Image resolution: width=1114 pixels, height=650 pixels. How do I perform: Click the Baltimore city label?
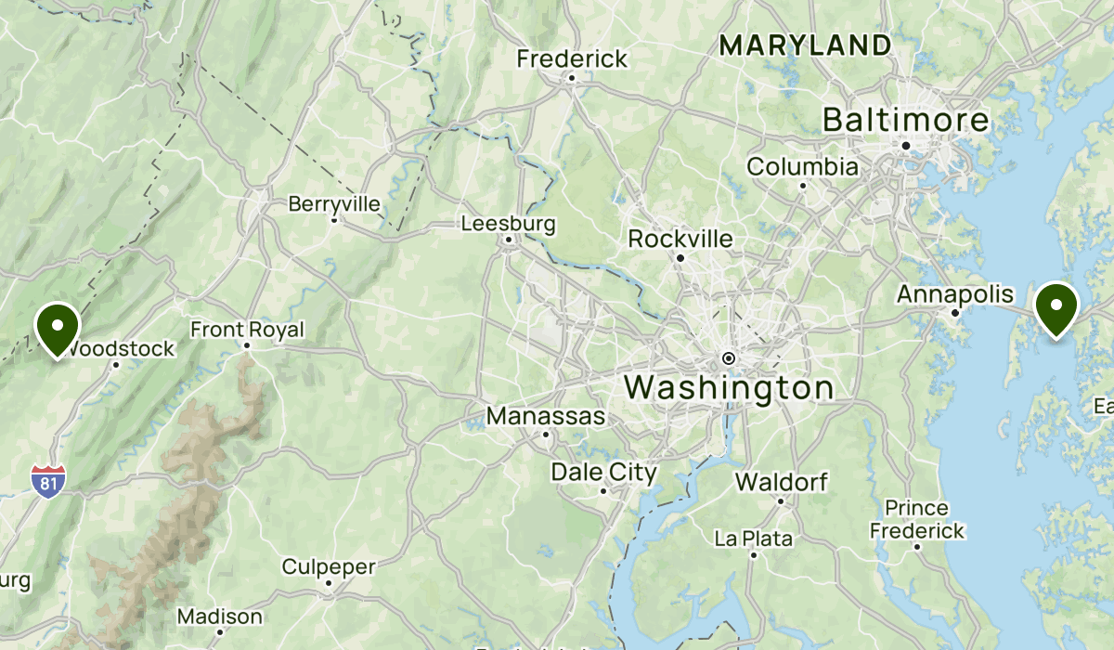[906, 120]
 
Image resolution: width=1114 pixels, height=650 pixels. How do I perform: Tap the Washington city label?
[729, 387]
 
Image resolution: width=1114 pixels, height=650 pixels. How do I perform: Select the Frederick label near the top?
[572, 58]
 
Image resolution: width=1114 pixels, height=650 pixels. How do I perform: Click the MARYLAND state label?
[806, 45]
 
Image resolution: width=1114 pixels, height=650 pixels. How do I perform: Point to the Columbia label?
[802, 167]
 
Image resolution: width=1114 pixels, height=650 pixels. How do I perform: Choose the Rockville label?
[680, 239]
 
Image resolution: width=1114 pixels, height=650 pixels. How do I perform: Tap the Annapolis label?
[955, 294]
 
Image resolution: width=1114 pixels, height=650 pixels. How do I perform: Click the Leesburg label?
[508, 224]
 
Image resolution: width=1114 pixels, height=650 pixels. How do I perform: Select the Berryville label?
[334, 202]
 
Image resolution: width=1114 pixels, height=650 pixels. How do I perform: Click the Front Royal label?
[247, 330]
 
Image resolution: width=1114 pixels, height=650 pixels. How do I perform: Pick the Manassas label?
[546, 416]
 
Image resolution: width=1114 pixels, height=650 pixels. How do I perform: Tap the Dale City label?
[603, 472]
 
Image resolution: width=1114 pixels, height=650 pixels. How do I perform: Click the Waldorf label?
[781, 482]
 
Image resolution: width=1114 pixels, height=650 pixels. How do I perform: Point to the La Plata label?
[754, 538]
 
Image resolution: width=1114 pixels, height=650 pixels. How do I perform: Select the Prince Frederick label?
[916, 520]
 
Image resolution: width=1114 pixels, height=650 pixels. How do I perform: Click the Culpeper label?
[328, 566]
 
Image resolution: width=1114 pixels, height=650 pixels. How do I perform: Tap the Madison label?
[219, 616]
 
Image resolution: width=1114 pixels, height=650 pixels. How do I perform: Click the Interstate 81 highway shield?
[48, 480]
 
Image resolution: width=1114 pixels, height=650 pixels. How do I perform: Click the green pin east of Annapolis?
[1056, 309]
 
